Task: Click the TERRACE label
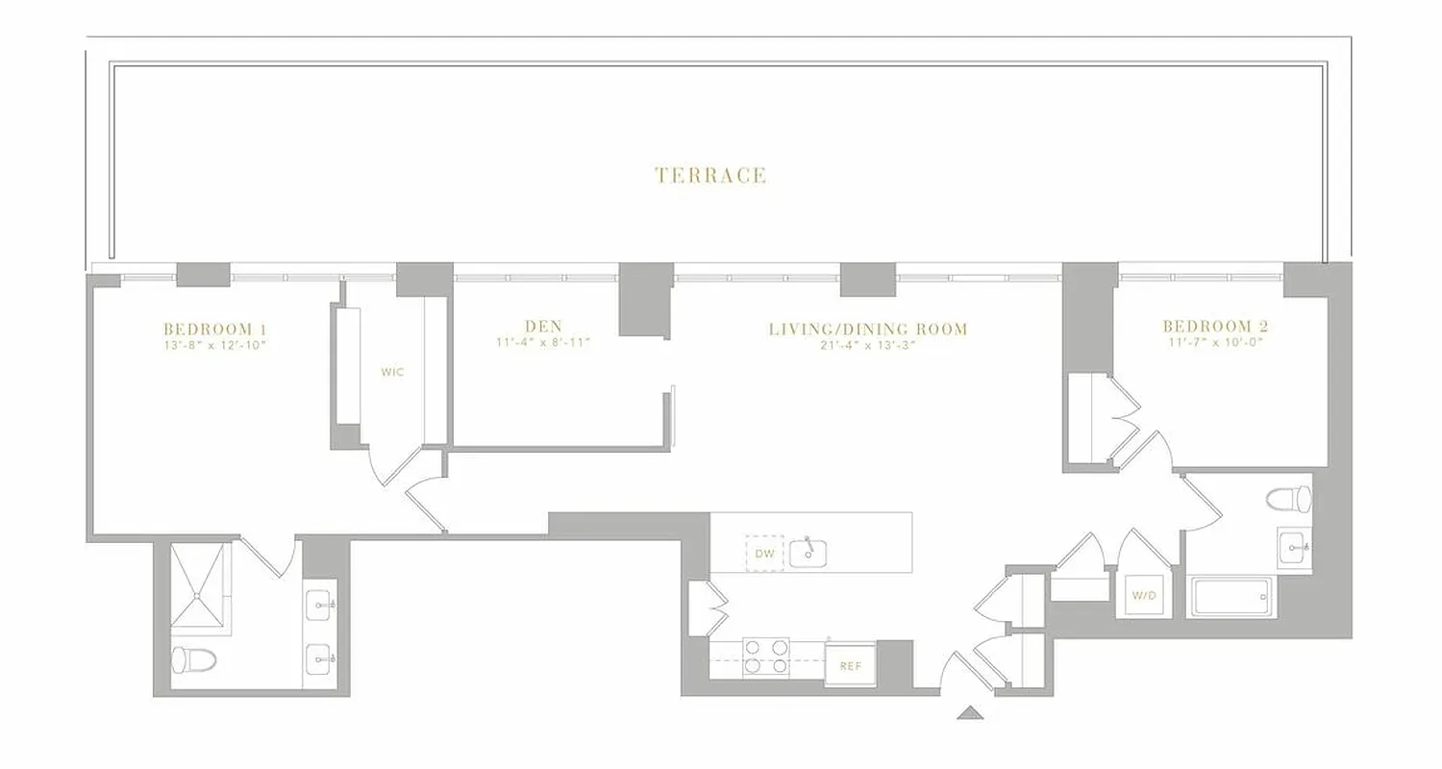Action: pyautogui.click(x=710, y=175)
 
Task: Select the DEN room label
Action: pyautogui.click(x=543, y=327)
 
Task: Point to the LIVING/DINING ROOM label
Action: pyautogui.click(x=867, y=329)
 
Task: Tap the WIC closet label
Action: pyautogui.click(x=392, y=372)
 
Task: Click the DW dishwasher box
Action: pyautogui.click(x=764, y=554)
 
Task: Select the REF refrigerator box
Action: pyautogui.click(x=850, y=665)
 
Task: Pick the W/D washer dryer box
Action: pyautogui.click(x=1143, y=596)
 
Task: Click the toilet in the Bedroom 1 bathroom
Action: pyautogui.click(x=193, y=659)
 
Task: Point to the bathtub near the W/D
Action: pyautogui.click(x=1232, y=597)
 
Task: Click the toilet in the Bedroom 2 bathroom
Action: pyautogui.click(x=1289, y=499)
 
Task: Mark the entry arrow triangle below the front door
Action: pyautogui.click(x=971, y=712)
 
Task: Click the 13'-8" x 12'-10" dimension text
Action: pyautogui.click(x=214, y=343)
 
